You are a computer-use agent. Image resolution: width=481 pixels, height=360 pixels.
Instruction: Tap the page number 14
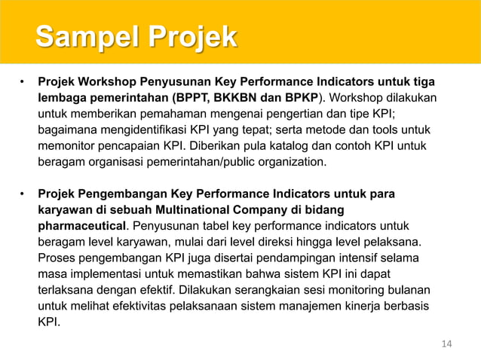(446, 344)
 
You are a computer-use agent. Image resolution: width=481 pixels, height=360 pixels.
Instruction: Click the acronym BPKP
(300, 97)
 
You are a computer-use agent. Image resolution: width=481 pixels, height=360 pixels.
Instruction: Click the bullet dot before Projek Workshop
(23, 81)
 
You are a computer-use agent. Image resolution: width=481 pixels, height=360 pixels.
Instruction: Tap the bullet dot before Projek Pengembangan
(23, 194)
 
